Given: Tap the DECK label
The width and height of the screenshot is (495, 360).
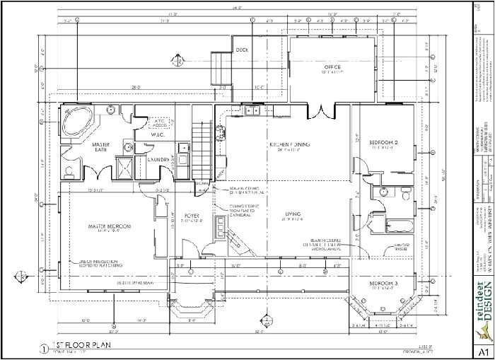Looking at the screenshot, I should [x=242, y=50].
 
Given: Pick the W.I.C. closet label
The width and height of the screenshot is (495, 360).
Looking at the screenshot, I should [x=157, y=134].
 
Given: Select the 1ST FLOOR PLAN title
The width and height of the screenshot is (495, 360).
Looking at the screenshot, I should [x=106, y=346].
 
